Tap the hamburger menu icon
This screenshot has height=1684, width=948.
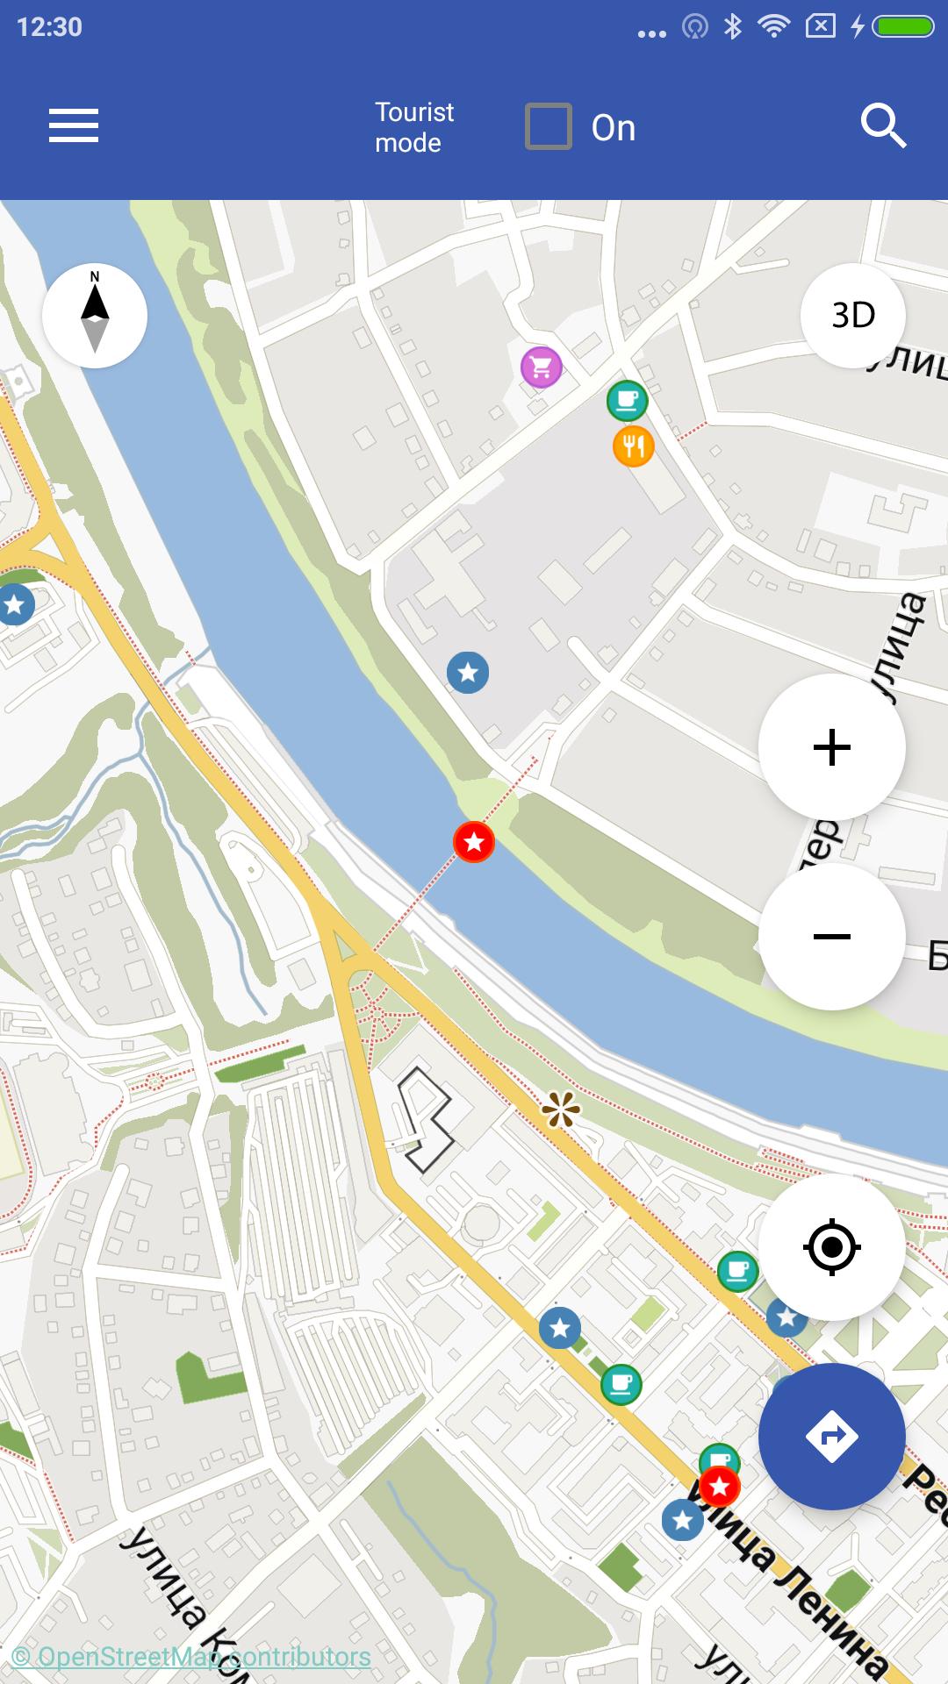(x=74, y=125)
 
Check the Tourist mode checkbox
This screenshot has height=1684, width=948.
(x=549, y=126)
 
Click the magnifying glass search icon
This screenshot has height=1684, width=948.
(x=882, y=126)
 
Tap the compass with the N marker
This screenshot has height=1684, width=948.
(x=95, y=315)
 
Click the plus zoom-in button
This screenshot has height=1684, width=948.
(x=831, y=747)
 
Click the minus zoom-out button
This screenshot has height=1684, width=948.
(x=831, y=936)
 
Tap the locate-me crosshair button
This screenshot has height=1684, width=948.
(x=831, y=1246)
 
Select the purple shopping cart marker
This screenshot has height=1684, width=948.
(x=541, y=367)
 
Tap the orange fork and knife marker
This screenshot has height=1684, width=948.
(x=633, y=446)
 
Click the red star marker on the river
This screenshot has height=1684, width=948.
(x=474, y=842)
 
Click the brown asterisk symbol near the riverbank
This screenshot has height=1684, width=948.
(x=561, y=1111)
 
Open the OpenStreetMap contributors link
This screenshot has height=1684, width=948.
(x=191, y=1657)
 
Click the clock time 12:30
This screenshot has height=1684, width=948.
(x=49, y=27)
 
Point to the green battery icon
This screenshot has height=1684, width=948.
(x=904, y=27)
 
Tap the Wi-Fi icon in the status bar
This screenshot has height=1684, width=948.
(x=773, y=27)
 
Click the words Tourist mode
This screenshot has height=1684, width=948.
(x=413, y=127)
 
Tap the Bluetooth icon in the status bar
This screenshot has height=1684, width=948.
(x=733, y=27)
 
